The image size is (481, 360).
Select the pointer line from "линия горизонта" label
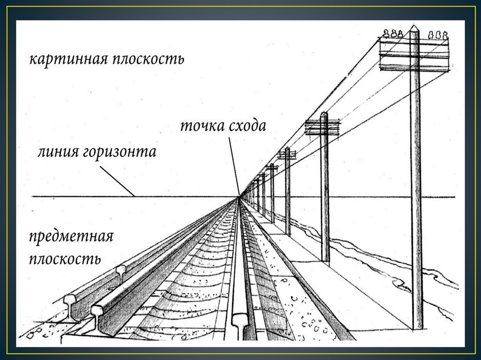(x=117, y=181)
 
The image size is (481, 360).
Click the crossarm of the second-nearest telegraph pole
(x=322, y=127)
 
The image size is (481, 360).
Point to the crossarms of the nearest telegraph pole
(x=414, y=54)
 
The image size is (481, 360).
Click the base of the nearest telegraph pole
(x=417, y=327)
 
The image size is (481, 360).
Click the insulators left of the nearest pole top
(x=393, y=34)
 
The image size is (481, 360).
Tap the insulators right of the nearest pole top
(x=438, y=35)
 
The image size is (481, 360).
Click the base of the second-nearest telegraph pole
(x=325, y=260)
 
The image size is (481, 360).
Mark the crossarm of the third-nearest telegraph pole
(x=287, y=154)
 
